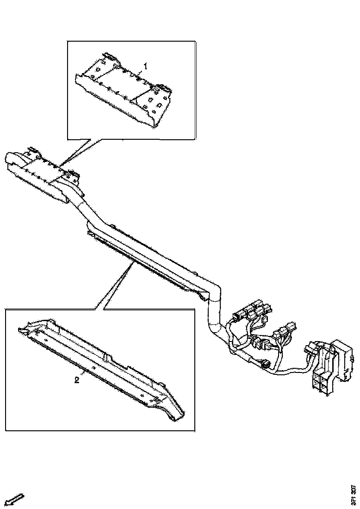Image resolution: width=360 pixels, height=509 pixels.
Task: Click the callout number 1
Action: (146, 67)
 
